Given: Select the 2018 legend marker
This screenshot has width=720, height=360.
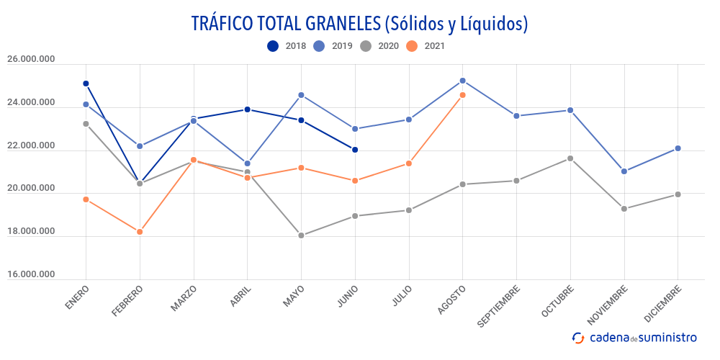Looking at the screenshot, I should (273, 46).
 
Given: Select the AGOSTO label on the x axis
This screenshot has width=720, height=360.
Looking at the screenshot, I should (452, 300).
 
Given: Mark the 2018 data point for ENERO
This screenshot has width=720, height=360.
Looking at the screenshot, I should (86, 84).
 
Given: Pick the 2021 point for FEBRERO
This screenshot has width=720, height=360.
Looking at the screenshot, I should (140, 232).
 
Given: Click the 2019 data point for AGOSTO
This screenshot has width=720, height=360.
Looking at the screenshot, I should (462, 81).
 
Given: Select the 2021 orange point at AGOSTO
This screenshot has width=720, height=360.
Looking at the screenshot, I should (462, 95).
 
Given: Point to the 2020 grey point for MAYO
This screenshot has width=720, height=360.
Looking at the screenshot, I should (301, 235).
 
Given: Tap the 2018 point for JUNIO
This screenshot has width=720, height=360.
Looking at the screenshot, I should (355, 150).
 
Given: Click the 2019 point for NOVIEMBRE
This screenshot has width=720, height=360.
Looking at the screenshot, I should (624, 171).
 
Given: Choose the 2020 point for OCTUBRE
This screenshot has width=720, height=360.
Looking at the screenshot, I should (570, 158).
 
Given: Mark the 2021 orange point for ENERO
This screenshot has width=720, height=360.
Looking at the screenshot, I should (86, 199).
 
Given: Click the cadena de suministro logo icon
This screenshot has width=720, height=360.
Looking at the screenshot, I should (577, 337).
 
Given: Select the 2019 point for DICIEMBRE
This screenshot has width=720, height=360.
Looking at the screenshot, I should (678, 148).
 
